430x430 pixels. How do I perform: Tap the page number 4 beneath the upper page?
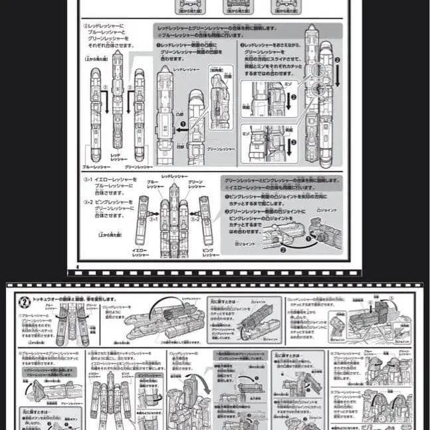point(78,268)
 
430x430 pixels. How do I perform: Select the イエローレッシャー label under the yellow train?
point(140,253)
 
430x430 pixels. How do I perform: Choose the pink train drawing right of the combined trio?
point(207,223)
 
